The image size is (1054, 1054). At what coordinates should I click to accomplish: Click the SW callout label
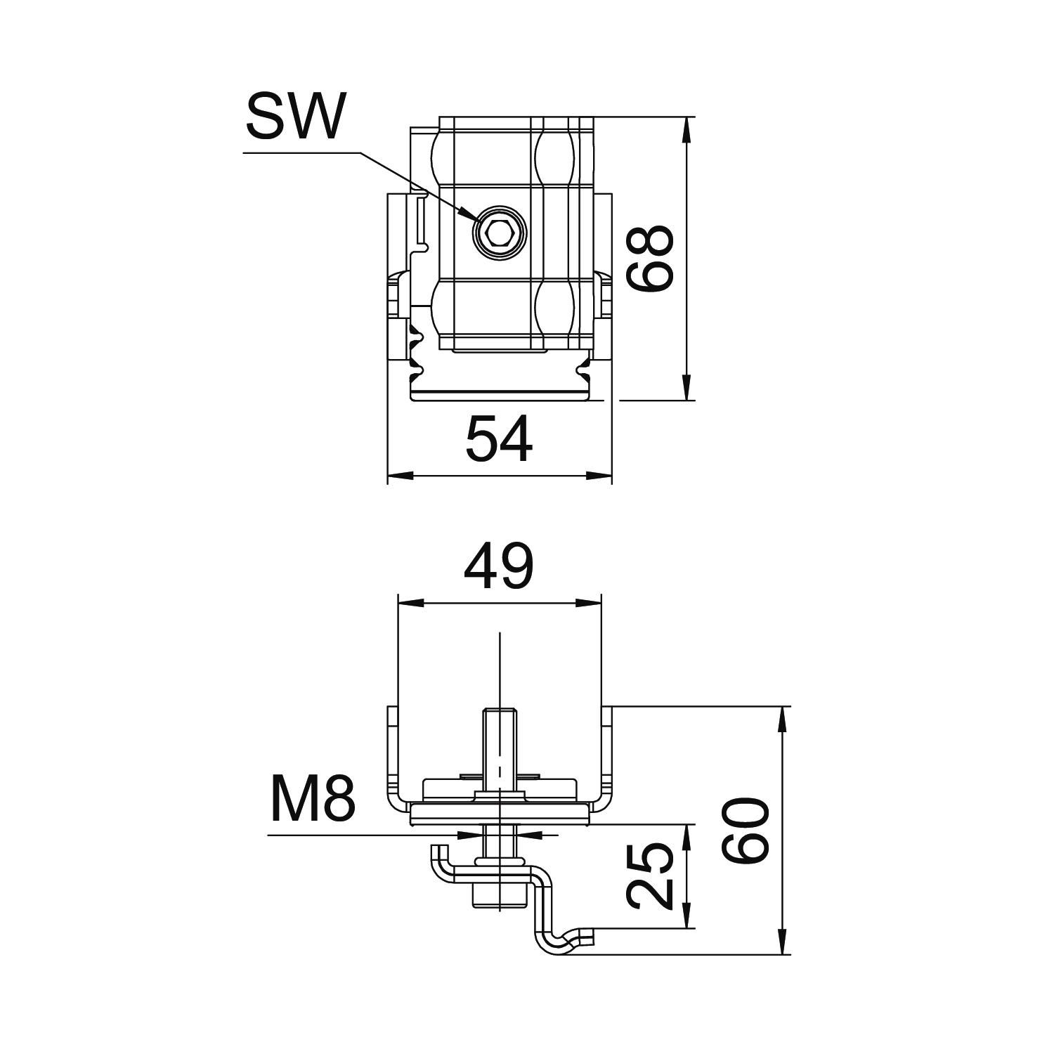tap(295, 117)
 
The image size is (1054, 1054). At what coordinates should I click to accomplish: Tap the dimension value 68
tap(651, 258)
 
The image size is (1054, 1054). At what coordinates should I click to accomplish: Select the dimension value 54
tap(499, 439)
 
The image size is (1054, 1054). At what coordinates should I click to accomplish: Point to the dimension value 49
tap(499, 568)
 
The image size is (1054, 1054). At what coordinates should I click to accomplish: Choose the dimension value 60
tap(746, 830)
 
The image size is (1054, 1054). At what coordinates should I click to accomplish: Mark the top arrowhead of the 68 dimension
tap(687, 126)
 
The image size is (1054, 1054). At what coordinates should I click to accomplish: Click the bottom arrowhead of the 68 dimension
tap(687, 391)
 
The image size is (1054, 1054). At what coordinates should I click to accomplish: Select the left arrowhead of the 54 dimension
tap(398, 476)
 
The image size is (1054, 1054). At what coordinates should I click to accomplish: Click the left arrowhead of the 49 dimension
tap(408, 602)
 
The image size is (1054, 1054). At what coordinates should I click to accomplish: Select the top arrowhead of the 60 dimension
tap(782, 716)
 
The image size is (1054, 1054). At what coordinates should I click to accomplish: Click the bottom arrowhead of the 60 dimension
tap(782, 944)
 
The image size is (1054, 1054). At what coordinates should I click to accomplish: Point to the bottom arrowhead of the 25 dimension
tap(687, 920)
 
